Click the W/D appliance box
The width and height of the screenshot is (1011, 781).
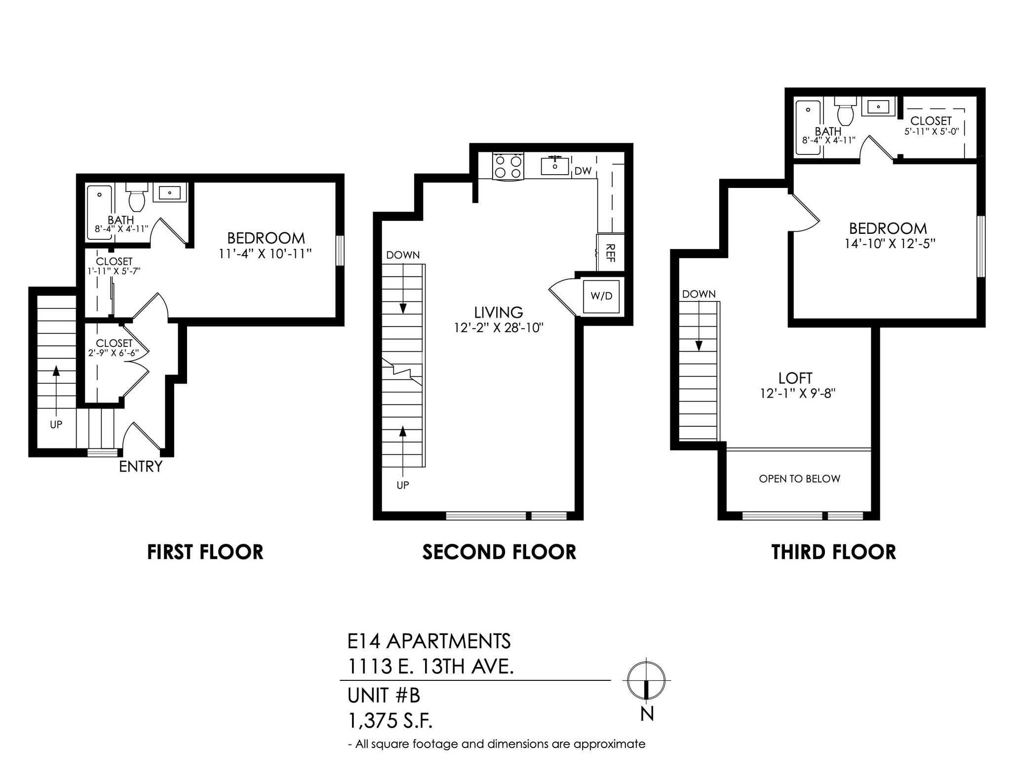point(601,296)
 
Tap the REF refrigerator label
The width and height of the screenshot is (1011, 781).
point(610,253)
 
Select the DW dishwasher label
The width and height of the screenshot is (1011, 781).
point(583,171)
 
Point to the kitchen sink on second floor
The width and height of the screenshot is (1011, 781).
point(555,166)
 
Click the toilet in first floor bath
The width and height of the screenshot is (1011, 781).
point(137,197)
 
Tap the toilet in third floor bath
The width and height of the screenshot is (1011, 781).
point(846,112)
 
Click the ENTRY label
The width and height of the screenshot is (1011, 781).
point(141,466)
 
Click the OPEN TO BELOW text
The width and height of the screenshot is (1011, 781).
point(799,479)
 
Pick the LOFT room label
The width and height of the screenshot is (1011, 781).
point(795,378)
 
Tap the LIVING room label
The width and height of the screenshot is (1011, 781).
point(499,312)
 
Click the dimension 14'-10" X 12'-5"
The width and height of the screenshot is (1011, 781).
point(890,244)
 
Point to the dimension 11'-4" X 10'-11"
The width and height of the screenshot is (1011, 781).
point(266,254)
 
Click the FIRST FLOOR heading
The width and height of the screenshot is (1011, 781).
point(205,552)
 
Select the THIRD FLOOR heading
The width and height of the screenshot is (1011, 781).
point(833,552)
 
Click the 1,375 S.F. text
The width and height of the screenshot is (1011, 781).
point(390,721)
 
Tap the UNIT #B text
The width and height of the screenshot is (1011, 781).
point(384,696)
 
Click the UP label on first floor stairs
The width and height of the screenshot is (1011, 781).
point(56,424)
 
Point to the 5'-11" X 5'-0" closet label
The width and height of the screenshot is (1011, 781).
point(931,132)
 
